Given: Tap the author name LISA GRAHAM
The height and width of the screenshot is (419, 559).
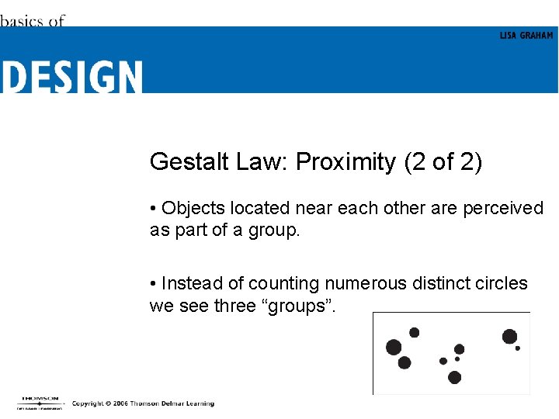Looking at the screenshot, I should coord(526,36).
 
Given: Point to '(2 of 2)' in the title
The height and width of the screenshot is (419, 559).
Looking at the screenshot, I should coord(443,161).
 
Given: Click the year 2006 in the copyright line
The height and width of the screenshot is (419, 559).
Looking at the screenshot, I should coord(120,403).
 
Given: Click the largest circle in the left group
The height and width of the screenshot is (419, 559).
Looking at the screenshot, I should coord(394,347).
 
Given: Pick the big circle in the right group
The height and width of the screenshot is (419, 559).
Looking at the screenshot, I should coord(509,336).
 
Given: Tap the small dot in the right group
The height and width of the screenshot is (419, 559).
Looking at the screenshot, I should coord(518,348).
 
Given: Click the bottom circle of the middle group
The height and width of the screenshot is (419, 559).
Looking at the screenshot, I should coord(454,377).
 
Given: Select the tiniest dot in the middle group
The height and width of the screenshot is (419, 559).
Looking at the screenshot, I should coord(457,359).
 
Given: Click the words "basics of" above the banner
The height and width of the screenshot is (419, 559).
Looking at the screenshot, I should coord(32,21).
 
